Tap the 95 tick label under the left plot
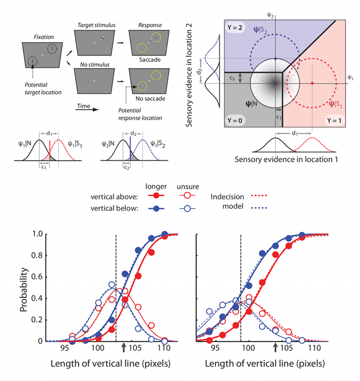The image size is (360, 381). pos(64,348)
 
